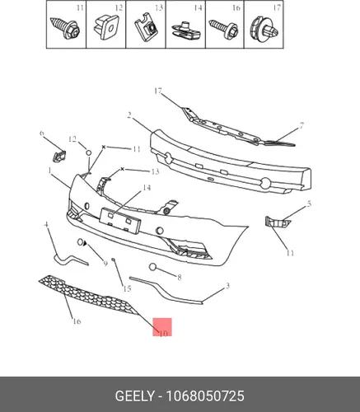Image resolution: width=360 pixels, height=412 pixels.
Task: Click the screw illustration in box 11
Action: [x=65, y=27]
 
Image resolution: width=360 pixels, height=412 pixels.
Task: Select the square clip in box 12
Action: [x=105, y=27]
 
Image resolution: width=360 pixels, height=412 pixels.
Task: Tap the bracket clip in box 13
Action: [x=146, y=28]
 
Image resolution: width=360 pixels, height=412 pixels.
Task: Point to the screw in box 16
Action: [x=223, y=30]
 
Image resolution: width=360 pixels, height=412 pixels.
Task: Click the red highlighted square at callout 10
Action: [x=162, y=327]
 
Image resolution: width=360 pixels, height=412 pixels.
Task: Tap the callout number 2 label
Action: [x=129, y=115]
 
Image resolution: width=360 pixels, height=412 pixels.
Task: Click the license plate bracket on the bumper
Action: [x=120, y=220]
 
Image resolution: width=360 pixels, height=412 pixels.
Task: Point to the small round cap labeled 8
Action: [x=152, y=266]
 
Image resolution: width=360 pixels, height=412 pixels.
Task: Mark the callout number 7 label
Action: [x=302, y=126]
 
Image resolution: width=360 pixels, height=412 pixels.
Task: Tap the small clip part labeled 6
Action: [x=58, y=156]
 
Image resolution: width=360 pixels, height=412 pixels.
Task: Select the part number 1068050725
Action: [x=205, y=396]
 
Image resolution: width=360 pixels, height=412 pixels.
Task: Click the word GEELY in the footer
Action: [x=134, y=396]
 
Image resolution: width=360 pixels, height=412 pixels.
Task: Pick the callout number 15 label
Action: [x=127, y=288]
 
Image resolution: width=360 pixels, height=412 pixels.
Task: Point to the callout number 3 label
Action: [x=227, y=286]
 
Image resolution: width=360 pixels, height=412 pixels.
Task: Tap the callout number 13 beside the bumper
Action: [x=155, y=171]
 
